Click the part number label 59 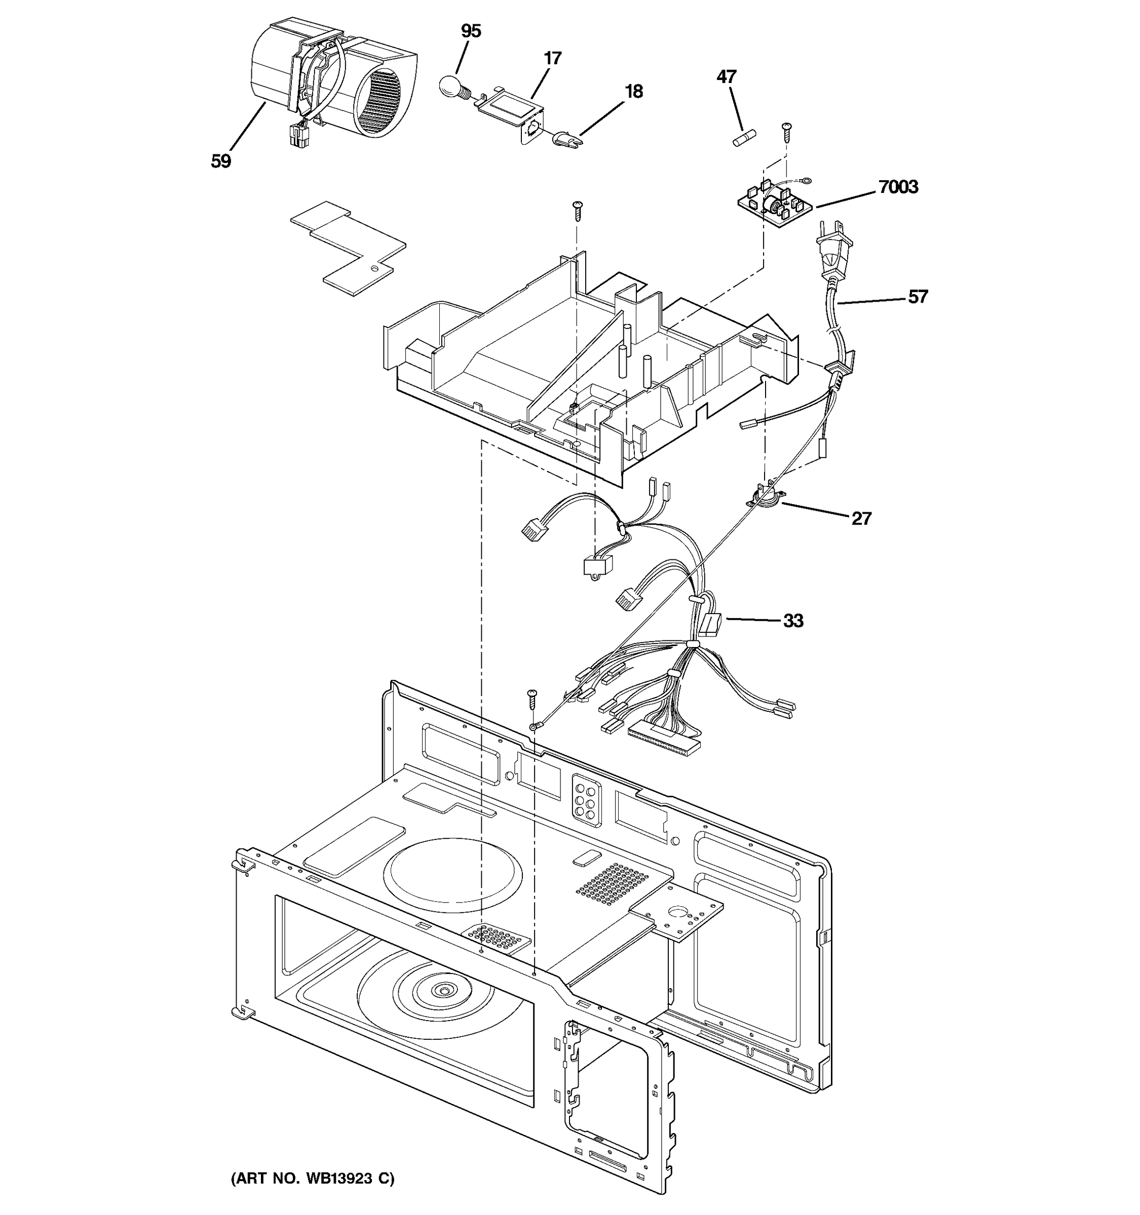click(x=221, y=161)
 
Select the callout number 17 click(x=552, y=59)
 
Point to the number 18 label click(x=634, y=92)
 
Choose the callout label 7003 click(x=898, y=187)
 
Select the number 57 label click(x=918, y=297)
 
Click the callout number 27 click(x=861, y=519)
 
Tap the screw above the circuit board click(x=786, y=132)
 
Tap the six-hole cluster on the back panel click(x=584, y=799)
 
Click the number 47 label click(x=727, y=77)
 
